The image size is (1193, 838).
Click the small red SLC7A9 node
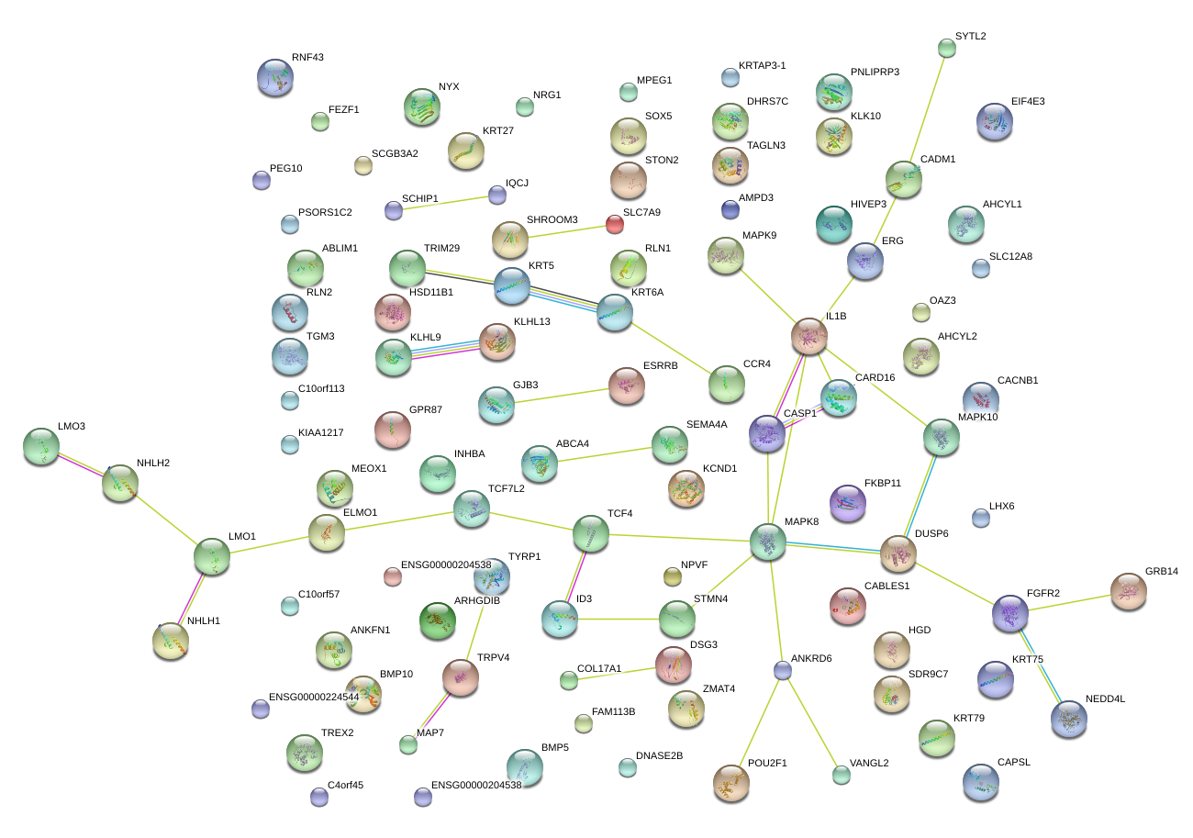pyautogui.click(x=615, y=224)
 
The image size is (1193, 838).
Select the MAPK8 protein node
pyautogui.click(x=768, y=542)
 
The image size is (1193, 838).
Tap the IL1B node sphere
pyautogui.click(x=808, y=337)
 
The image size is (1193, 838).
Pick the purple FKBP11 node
pyautogui.click(x=847, y=502)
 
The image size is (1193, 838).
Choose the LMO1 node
pyautogui.click(x=212, y=556)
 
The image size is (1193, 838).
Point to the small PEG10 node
pyautogui.click(x=262, y=180)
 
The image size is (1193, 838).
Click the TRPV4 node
pyautogui.click(x=461, y=677)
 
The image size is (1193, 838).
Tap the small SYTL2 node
pyautogui.click(x=947, y=48)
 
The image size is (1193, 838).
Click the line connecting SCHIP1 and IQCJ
pyautogui.click(x=445, y=203)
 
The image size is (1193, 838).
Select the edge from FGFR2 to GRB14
pyautogui.click(x=1069, y=602)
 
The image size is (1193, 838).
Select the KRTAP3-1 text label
pyautogui.click(x=762, y=65)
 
